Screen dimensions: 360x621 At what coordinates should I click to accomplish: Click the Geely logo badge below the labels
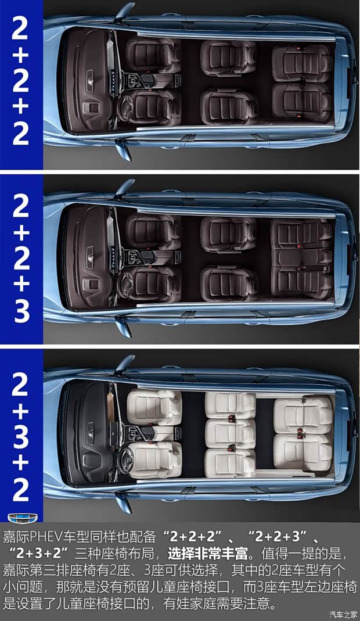coord(23,518)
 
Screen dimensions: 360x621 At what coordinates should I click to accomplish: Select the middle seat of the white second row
coord(230,434)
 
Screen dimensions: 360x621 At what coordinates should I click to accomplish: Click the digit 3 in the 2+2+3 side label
coord(21,311)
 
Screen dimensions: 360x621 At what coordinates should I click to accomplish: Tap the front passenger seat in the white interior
coord(154,406)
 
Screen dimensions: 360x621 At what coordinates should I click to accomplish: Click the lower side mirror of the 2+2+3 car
coord(124,326)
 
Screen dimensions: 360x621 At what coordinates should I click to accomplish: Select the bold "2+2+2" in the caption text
coord(193,537)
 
